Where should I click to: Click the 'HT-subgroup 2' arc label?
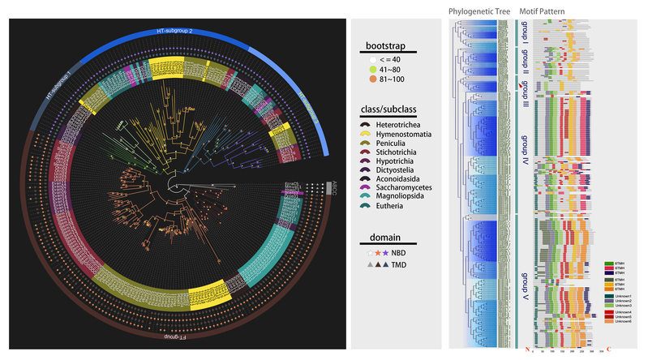[174, 31]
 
